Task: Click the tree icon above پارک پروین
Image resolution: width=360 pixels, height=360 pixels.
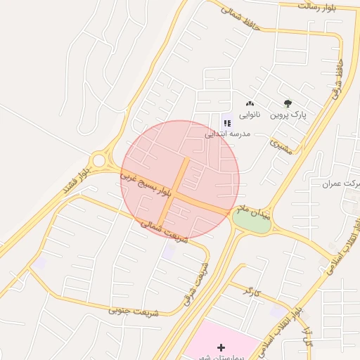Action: (287, 103)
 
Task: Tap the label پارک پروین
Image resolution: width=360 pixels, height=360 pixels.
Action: (290, 114)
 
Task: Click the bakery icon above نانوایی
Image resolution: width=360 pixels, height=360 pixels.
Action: (250, 104)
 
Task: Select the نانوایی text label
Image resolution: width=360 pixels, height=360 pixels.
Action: (250, 114)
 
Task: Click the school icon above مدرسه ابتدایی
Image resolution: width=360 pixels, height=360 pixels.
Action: (226, 123)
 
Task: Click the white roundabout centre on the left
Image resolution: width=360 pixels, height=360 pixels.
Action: (98, 160)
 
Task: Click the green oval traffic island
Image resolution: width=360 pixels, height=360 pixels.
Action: (251, 221)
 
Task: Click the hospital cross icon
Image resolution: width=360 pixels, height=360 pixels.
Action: (221, 347)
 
